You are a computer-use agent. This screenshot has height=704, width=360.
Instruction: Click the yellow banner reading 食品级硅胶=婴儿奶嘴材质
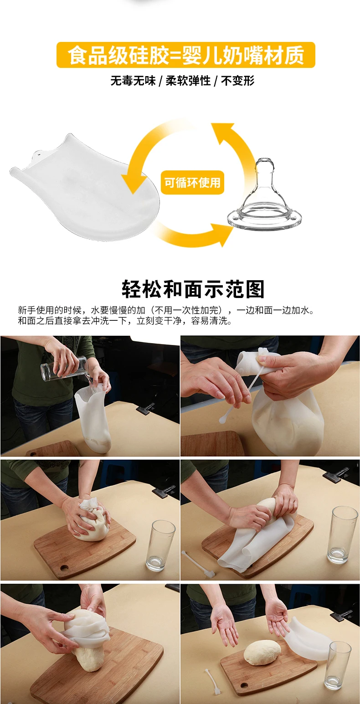tap(185, 55)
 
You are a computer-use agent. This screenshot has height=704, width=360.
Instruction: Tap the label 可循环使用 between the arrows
tap(192, 183)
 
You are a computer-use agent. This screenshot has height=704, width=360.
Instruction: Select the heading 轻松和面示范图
tap(193, 289)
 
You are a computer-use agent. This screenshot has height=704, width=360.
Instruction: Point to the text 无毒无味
tap(133, 81)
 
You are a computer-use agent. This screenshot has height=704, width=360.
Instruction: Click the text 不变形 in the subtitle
tap(238, 81)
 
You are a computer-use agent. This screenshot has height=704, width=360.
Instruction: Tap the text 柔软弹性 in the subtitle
tap(188, 81)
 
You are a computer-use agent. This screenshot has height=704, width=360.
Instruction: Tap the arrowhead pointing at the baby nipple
tap(224, 234)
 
